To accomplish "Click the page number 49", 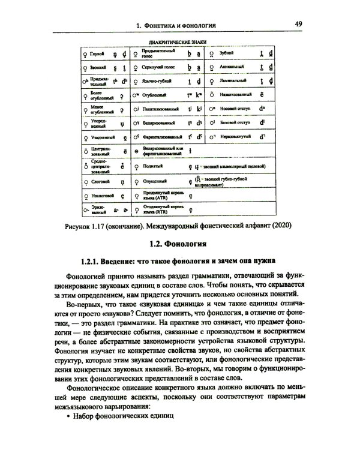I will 298,24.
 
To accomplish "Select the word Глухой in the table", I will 98,53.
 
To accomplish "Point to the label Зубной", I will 229,53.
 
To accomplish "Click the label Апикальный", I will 233,67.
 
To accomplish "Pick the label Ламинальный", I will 235,80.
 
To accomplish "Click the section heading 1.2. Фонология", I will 178,245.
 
